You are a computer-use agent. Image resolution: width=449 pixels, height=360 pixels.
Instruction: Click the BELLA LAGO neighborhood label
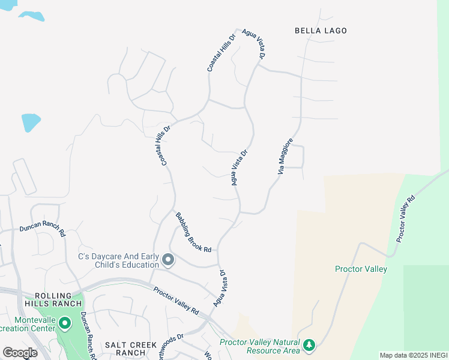click(321, 31)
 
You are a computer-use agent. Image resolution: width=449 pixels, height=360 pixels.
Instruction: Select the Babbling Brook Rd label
click(193, 232)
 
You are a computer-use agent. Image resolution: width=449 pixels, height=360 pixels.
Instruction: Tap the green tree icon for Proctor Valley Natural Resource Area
click(309, 345)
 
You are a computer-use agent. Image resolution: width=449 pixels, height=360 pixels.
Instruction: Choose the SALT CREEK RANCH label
click(131, 349)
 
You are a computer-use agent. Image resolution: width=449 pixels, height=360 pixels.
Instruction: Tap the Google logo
click(20, 352)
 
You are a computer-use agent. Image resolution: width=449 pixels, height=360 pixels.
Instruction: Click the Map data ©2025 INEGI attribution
click(413, 355)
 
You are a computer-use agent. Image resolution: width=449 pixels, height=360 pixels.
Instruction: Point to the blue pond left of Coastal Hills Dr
click(31, 122)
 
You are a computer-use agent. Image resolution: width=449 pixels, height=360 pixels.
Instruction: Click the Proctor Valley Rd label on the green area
click(405, 219)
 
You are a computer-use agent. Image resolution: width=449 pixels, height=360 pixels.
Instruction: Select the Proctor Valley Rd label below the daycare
click(176, 300)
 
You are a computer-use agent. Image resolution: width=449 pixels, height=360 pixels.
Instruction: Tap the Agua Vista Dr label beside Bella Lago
click(254, 44)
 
